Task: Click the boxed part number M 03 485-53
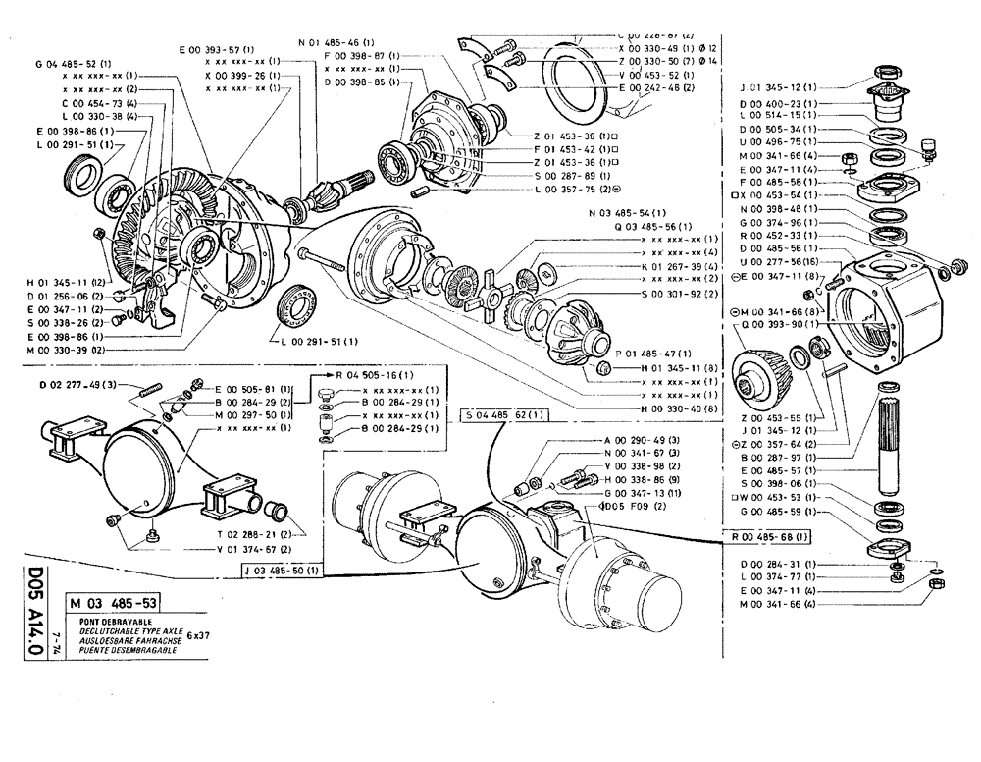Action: pos(113,604)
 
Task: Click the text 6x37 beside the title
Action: pos(199,636)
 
